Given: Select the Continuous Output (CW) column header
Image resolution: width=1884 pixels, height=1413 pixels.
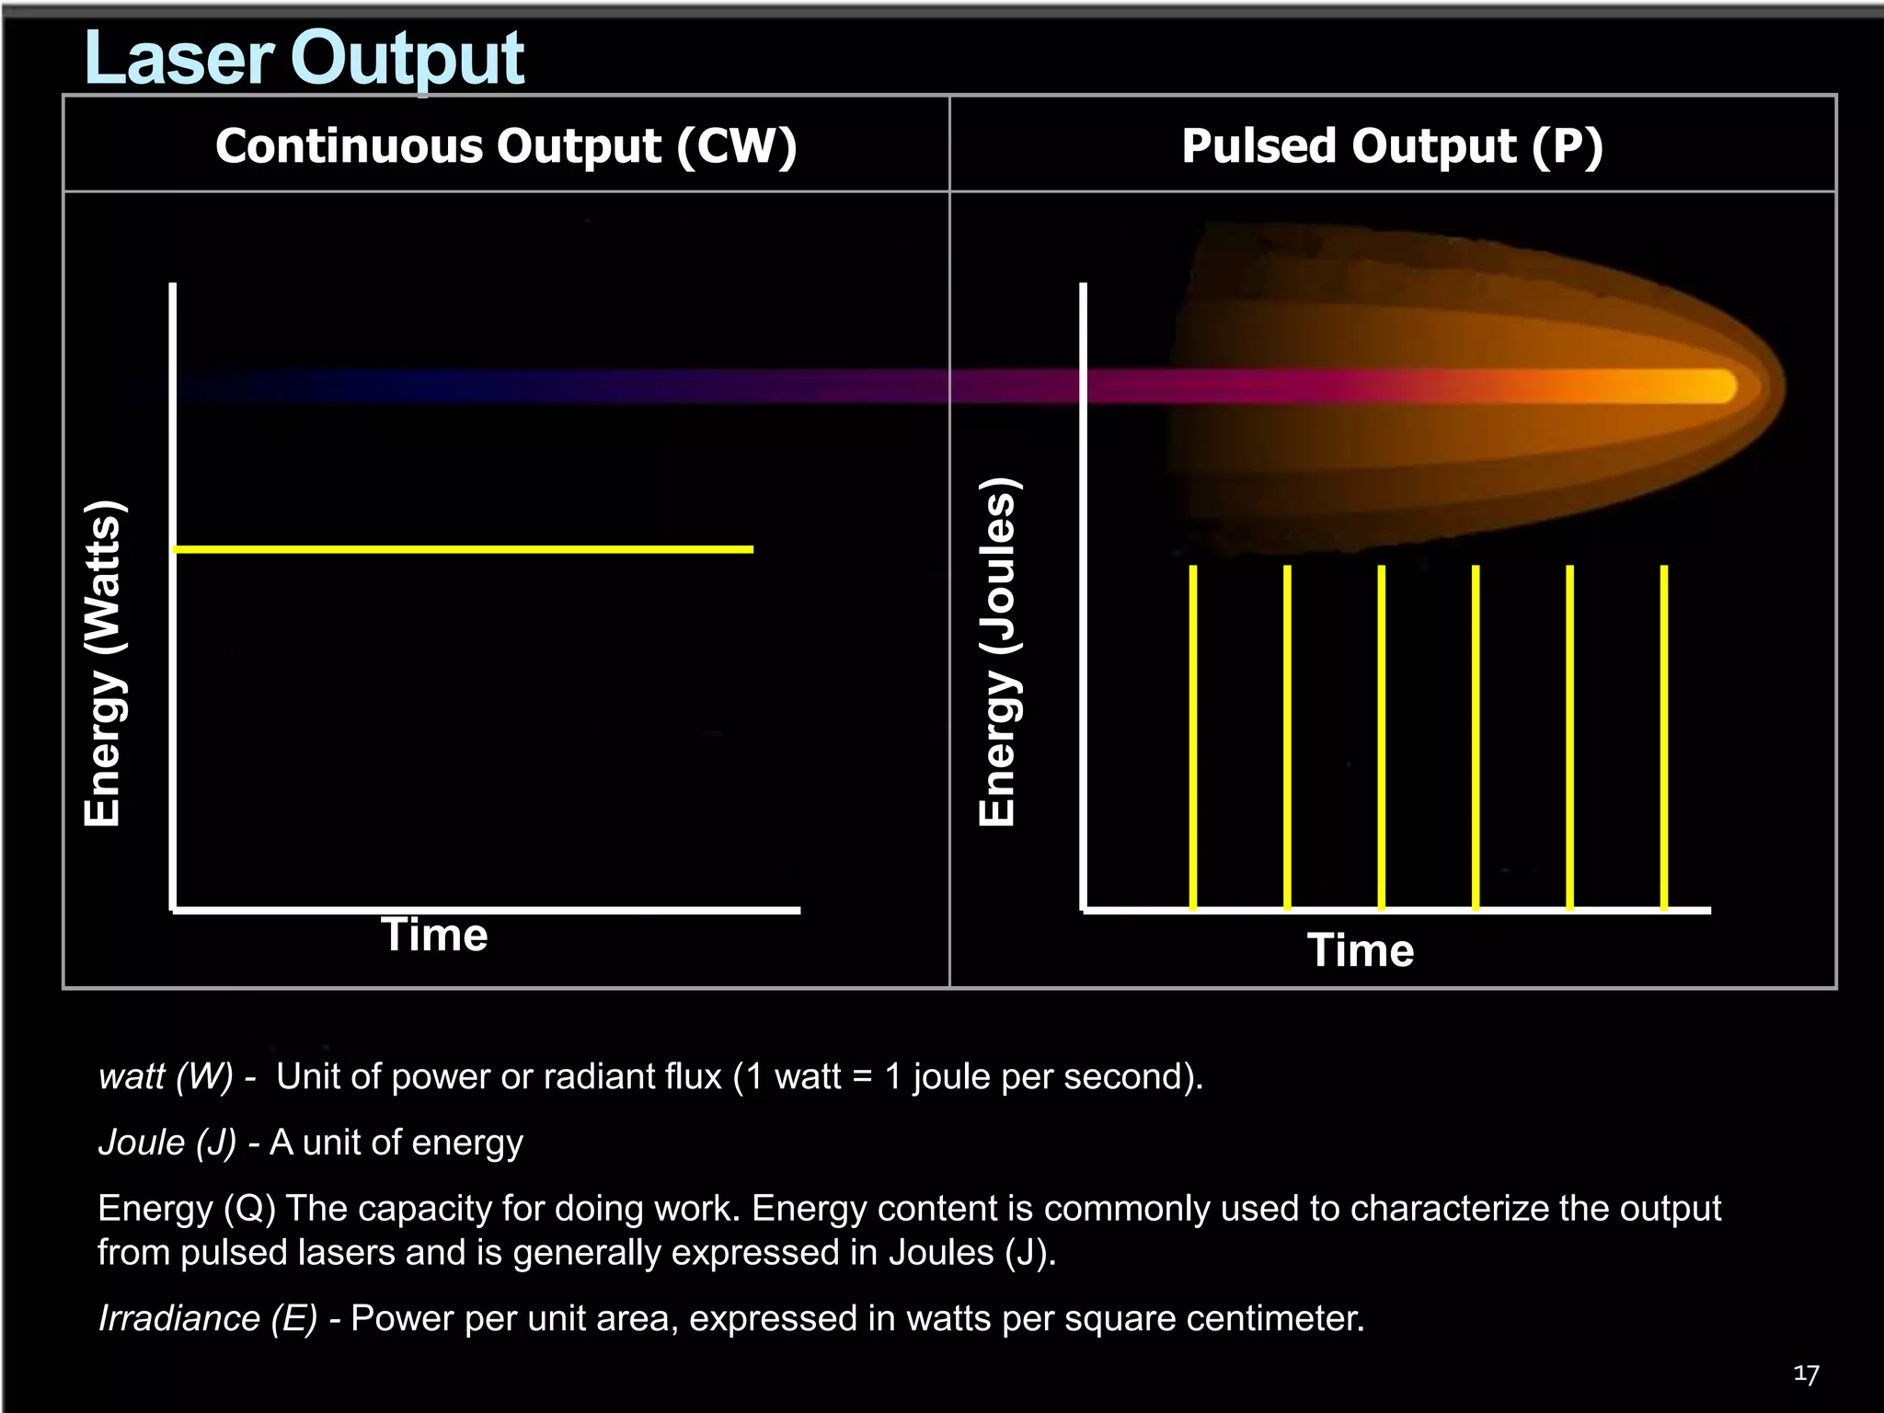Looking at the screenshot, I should coord(506,145).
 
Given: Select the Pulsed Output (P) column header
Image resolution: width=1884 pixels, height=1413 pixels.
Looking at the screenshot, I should coord(1392,145).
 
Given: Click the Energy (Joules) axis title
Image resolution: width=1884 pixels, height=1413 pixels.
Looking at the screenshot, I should coord(997,651).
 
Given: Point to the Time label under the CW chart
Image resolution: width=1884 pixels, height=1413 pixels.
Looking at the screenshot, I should coord(434,935).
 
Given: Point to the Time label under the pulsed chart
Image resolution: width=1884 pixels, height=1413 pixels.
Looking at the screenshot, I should coord(1361,950).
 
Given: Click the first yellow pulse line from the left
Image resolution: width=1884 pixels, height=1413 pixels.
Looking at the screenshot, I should coord(1193,736).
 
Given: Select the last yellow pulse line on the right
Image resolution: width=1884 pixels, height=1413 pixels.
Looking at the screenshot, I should coord(1664,736).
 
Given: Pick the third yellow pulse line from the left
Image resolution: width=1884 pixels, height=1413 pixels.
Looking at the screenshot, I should coord(1382,736).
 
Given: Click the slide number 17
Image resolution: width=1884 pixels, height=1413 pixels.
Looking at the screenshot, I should coord(1806,1374).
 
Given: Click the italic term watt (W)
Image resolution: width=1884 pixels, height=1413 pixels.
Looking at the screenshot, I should coord(166,1076).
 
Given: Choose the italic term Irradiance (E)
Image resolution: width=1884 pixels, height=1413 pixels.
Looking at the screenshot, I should coord(208,1318).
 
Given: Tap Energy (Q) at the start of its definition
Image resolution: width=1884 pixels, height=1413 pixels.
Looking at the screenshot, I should coord(187,1208).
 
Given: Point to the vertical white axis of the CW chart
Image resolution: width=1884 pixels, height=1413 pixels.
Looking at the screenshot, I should coord(173,598).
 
